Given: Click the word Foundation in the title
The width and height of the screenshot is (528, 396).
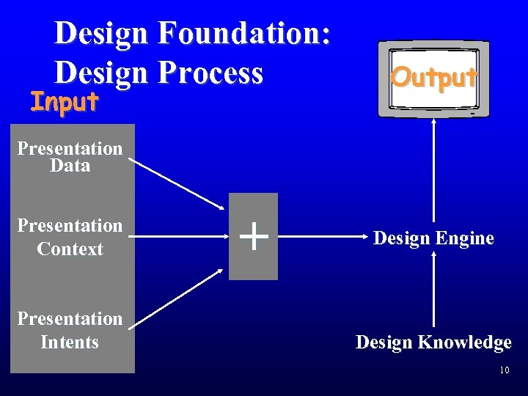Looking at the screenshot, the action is click(244, 34).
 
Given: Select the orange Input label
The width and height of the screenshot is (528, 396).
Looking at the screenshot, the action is click(64, 102).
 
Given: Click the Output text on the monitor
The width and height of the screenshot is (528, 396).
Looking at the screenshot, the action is click(434, 76).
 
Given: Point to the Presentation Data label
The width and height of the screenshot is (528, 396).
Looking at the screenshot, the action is click(70, 157).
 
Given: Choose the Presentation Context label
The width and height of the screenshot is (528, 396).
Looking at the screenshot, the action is click(70, 237).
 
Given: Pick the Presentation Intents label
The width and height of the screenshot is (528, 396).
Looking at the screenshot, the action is click(70, 330).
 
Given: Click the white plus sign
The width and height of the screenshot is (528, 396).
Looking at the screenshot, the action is click(253, 237).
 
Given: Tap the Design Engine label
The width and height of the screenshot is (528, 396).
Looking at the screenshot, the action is click(433, 238).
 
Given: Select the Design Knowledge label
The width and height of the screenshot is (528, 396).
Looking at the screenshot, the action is click(433, 342).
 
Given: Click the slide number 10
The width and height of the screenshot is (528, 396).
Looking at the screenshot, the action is click(504, 370).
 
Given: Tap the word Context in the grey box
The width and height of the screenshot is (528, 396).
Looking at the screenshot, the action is click(70, 249).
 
